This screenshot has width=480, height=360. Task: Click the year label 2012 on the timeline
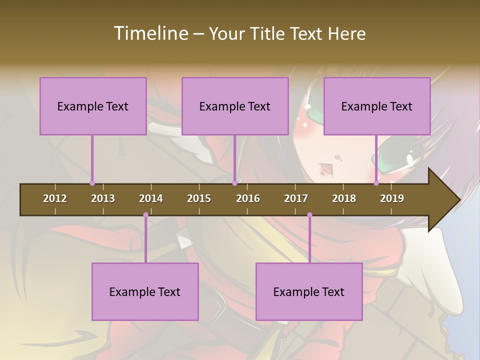(x=55, y=198)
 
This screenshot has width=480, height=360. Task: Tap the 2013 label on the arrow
(x=103, y=198)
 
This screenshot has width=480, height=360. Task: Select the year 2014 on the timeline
(x=151, y=198)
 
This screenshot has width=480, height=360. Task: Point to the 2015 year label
(x=199, y=198)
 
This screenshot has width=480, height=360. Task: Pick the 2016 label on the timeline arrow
(x=248, y=198)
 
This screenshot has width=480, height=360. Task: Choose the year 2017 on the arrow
(x=296, y=198)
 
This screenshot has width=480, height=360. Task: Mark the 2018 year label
(x=344, y=198)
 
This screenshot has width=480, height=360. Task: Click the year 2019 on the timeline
(x=392, y=198)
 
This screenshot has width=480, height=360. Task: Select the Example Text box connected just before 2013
(x=93, y=106)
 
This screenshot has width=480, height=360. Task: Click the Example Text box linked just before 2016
(x=235, y=106)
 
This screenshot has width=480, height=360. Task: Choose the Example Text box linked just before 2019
(x=377, y=106)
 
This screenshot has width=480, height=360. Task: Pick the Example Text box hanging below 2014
(x=145, y=291)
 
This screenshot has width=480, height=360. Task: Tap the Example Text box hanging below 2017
(x=309, y=291)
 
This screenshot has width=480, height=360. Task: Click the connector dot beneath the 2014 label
(x=145, y=215)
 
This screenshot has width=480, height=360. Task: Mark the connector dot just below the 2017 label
(x=309, y=215)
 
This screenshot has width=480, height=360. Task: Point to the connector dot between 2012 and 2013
(x=92, y=183)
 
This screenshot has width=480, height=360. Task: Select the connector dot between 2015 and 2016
(x=234, y=183)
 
